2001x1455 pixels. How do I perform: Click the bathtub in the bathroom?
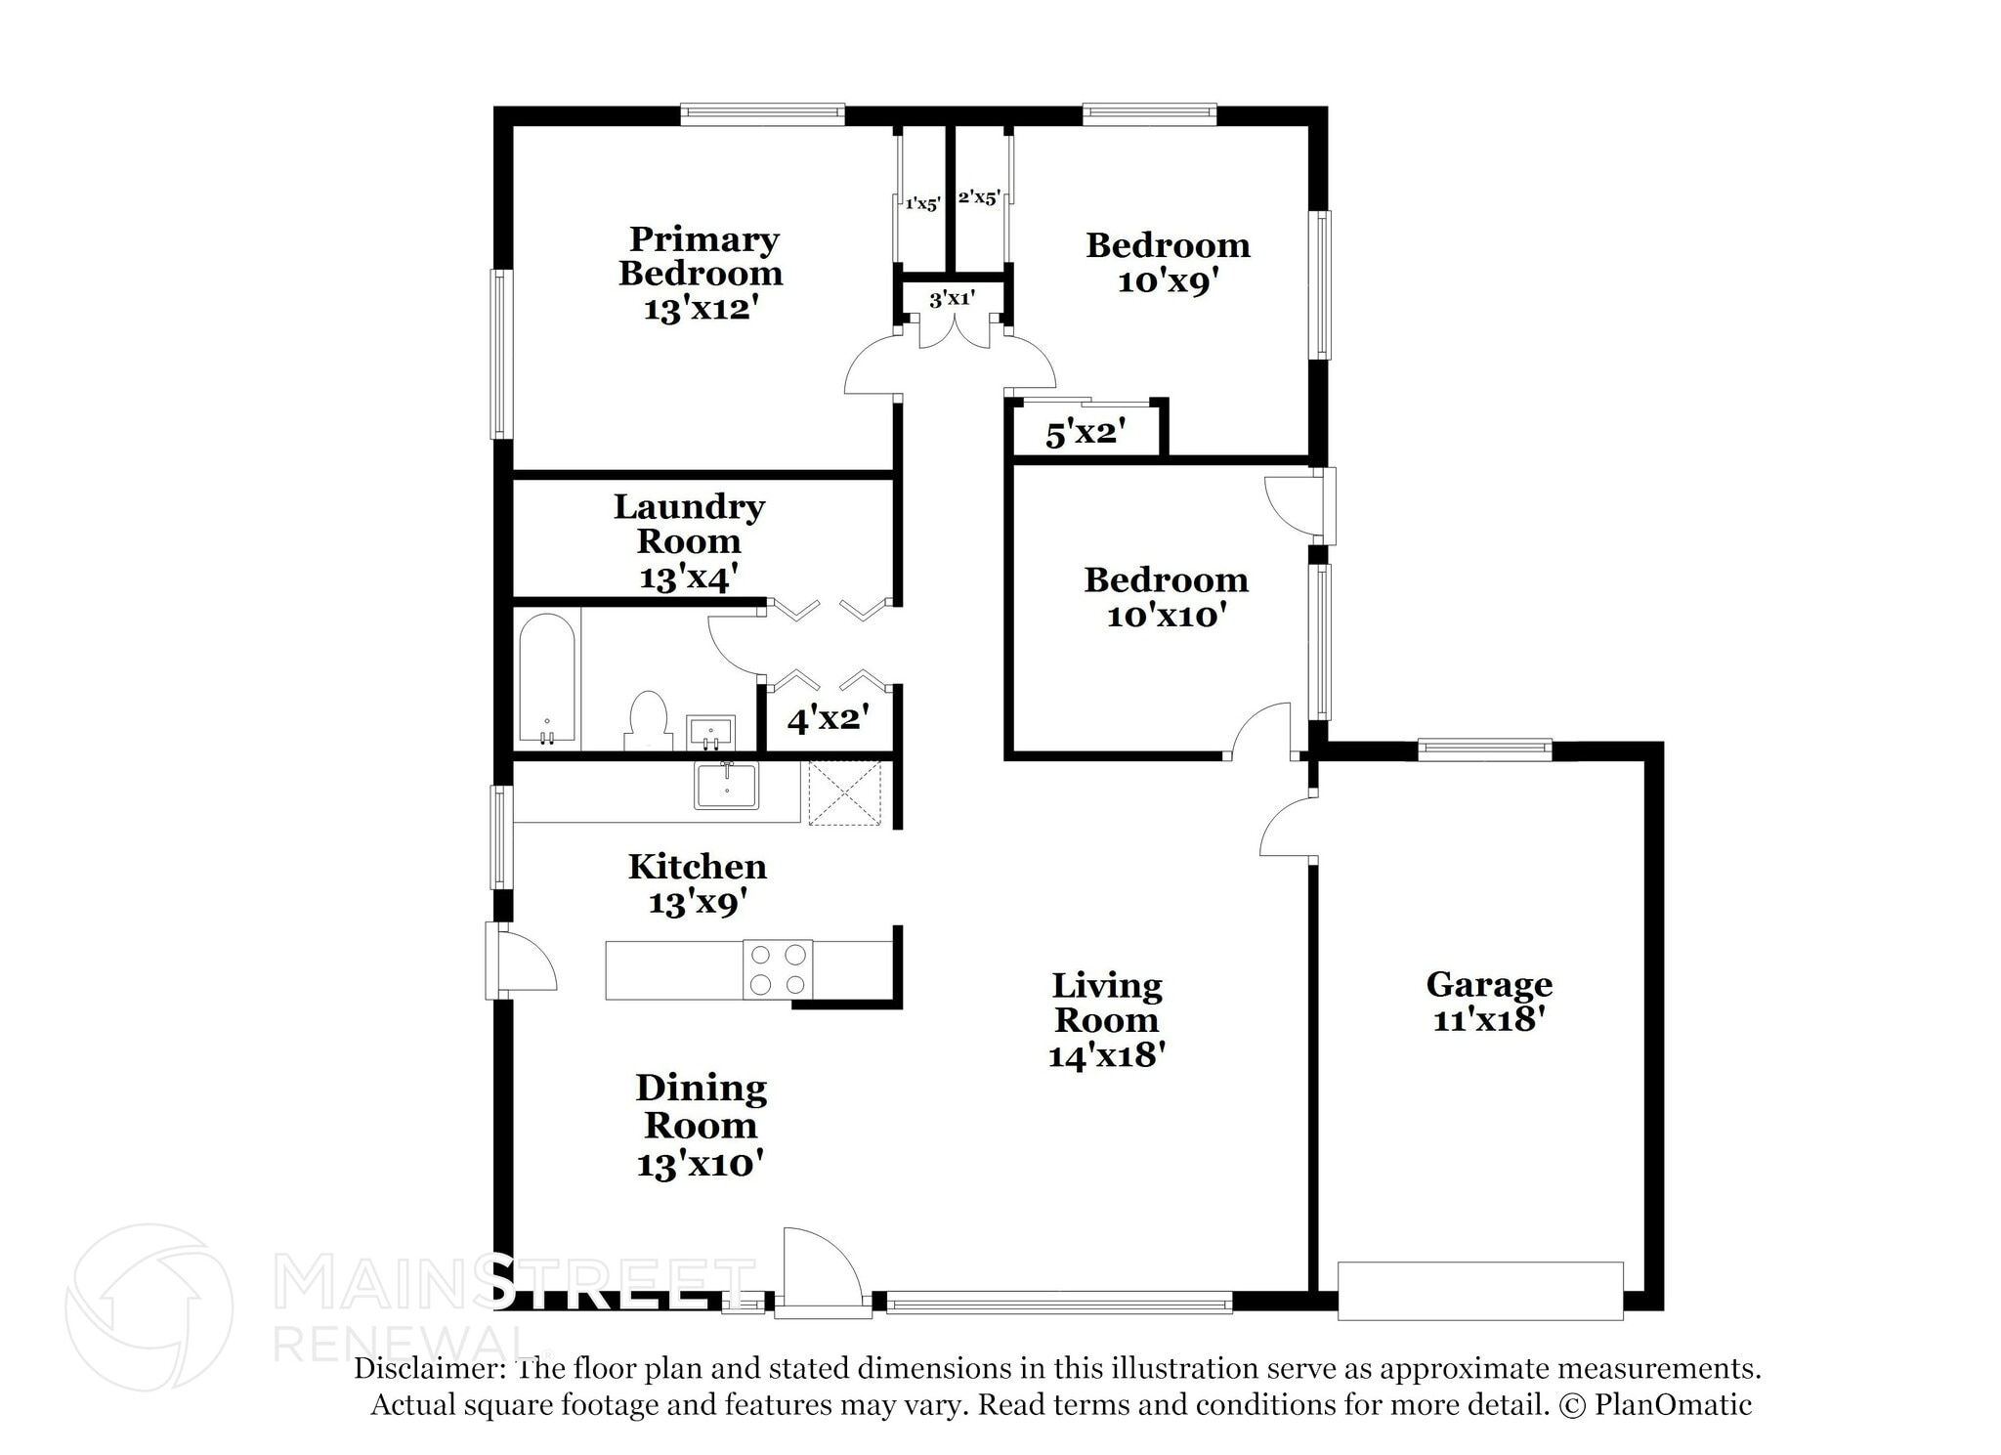coord(547,679)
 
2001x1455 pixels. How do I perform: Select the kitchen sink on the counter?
coord(726,786)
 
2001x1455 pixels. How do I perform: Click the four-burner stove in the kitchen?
coord(778,968)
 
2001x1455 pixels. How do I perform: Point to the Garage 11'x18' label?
coord(1488,1002)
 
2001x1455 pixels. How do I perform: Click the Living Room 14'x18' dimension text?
coord(1106,1055)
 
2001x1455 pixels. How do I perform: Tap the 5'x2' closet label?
coord(1086,433)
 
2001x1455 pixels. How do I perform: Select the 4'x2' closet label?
coord(828,720)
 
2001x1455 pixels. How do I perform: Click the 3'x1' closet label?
coord(952,299)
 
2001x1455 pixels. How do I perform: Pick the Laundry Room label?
coord(689,524)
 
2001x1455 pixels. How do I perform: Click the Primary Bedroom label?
coord(702,256)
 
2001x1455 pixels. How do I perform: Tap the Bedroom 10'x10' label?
coord(1166,597)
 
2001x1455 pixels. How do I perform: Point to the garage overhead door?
coord(1479,1291)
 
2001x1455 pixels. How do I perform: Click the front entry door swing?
coord(821,1270)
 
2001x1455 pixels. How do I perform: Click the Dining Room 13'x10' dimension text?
coord(700,1165)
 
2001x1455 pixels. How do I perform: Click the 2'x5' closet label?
coord(978,198)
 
